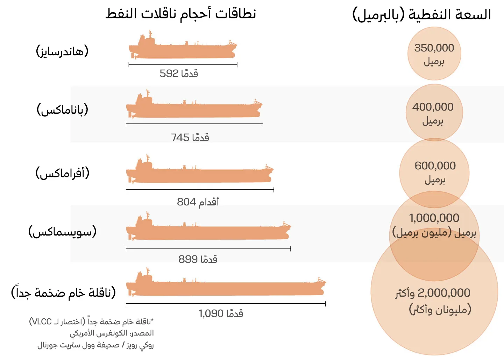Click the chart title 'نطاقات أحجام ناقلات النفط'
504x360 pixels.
point(181,14)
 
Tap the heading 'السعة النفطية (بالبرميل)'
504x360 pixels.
point(421,15)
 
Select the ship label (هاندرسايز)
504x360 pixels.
point(62,51)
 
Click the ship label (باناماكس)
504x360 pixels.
point(63,110)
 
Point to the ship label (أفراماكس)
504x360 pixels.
point(63,173)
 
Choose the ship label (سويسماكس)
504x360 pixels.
point(63,232)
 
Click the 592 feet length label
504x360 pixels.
point(179,73)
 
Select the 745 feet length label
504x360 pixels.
point(190,137)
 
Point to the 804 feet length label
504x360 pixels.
point(198,202)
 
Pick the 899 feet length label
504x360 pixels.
point(198,259)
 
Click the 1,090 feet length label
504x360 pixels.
point(221,313)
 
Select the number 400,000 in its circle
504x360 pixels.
point(433,107)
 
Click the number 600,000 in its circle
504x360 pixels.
point(435,166)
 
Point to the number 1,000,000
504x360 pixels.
point(434,218)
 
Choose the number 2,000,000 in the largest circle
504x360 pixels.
point(444,293)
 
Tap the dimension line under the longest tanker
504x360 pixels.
point(226,304)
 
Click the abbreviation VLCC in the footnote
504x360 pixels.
point(42,322)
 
